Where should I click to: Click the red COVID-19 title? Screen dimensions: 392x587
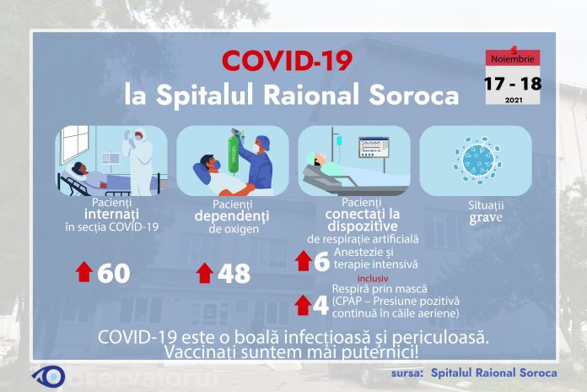287,62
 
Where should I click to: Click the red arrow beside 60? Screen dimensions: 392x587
84,272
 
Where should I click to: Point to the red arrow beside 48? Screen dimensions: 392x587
204,272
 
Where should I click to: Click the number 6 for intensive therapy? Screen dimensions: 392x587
320,262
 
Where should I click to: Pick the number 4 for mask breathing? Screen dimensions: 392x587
320,306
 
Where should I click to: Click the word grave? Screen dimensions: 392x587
475,217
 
